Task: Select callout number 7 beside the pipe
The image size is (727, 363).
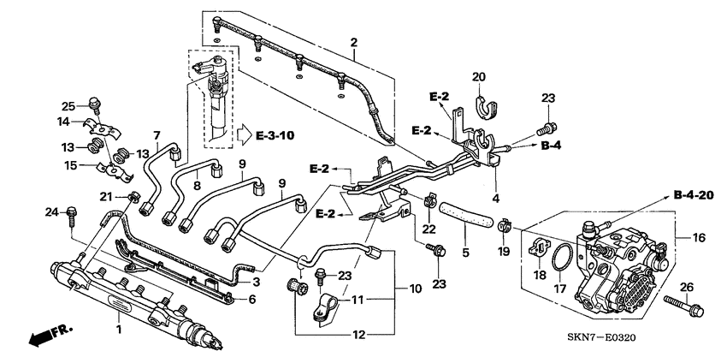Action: click(157, 135)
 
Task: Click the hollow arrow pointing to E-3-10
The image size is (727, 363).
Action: click(245, 134)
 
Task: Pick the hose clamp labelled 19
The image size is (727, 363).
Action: click(505, 228)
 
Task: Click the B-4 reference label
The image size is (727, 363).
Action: click(553, 146)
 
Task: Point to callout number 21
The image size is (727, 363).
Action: click(106, 197)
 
